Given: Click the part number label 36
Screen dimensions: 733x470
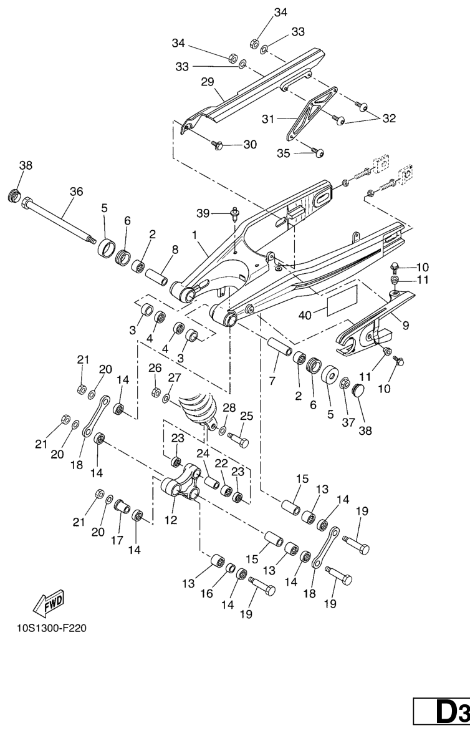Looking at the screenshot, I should (x=75, y=192).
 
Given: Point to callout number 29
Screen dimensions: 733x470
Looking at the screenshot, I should (x=208, y=82).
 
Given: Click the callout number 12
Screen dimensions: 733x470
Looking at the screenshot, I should (x=170, y=519).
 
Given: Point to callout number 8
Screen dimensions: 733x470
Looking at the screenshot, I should (x=175, y=250).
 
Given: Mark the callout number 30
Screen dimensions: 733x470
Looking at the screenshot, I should (x=249, y=145).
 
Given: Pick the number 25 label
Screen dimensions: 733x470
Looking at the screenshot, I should (x=246, y=415).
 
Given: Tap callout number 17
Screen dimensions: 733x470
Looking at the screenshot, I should (x=117, y=540).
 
